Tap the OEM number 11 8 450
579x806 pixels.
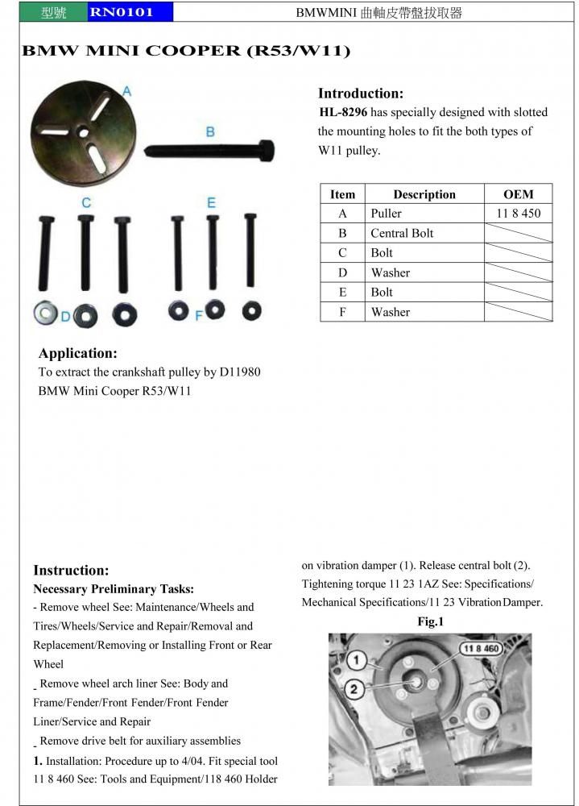tap(519, 214)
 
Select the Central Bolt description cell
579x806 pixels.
tap(402, 233)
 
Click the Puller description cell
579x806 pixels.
tap(386, 214)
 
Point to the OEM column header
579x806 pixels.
tap(518, 194)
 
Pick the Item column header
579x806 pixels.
tap(342, 194)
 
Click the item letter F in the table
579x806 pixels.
tap(342, 312)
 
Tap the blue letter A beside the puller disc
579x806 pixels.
tap(126, 91)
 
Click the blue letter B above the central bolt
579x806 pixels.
tap(209, 131)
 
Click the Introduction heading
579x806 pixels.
tap(361, 93)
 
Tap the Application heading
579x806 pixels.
tap(78, 353)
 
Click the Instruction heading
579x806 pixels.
tap(71, 570)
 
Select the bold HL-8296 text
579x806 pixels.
tap(343, 112)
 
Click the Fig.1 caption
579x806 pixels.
tap(430, 621)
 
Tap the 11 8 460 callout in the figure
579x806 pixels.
tap(480, 648)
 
